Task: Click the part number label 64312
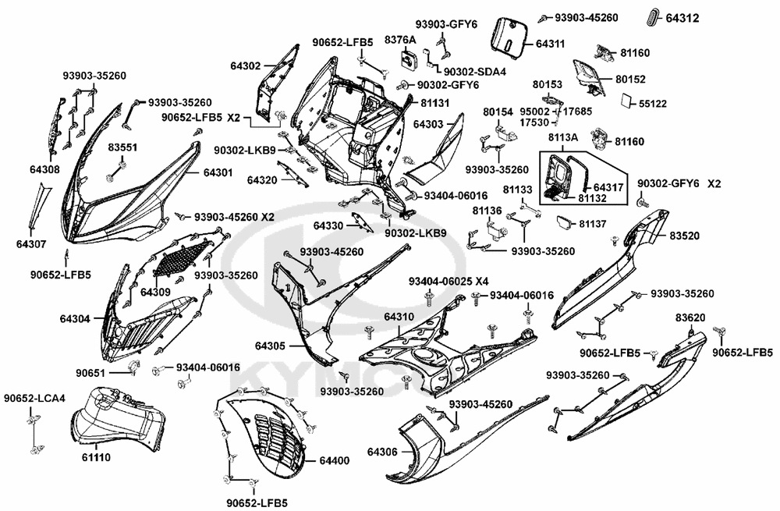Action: [x=682, y=17]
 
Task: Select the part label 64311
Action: [x=550, y=45]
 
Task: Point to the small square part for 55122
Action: [x=627, y=101]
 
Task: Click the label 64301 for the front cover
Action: [x=218, y=172]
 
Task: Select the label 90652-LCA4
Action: [x=34, y=399]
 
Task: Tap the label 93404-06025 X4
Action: [x=449, y=281]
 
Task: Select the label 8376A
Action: [x=400, y=39]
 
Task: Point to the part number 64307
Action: [x=30, y=244]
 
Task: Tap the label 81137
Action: [x=594, y=224]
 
